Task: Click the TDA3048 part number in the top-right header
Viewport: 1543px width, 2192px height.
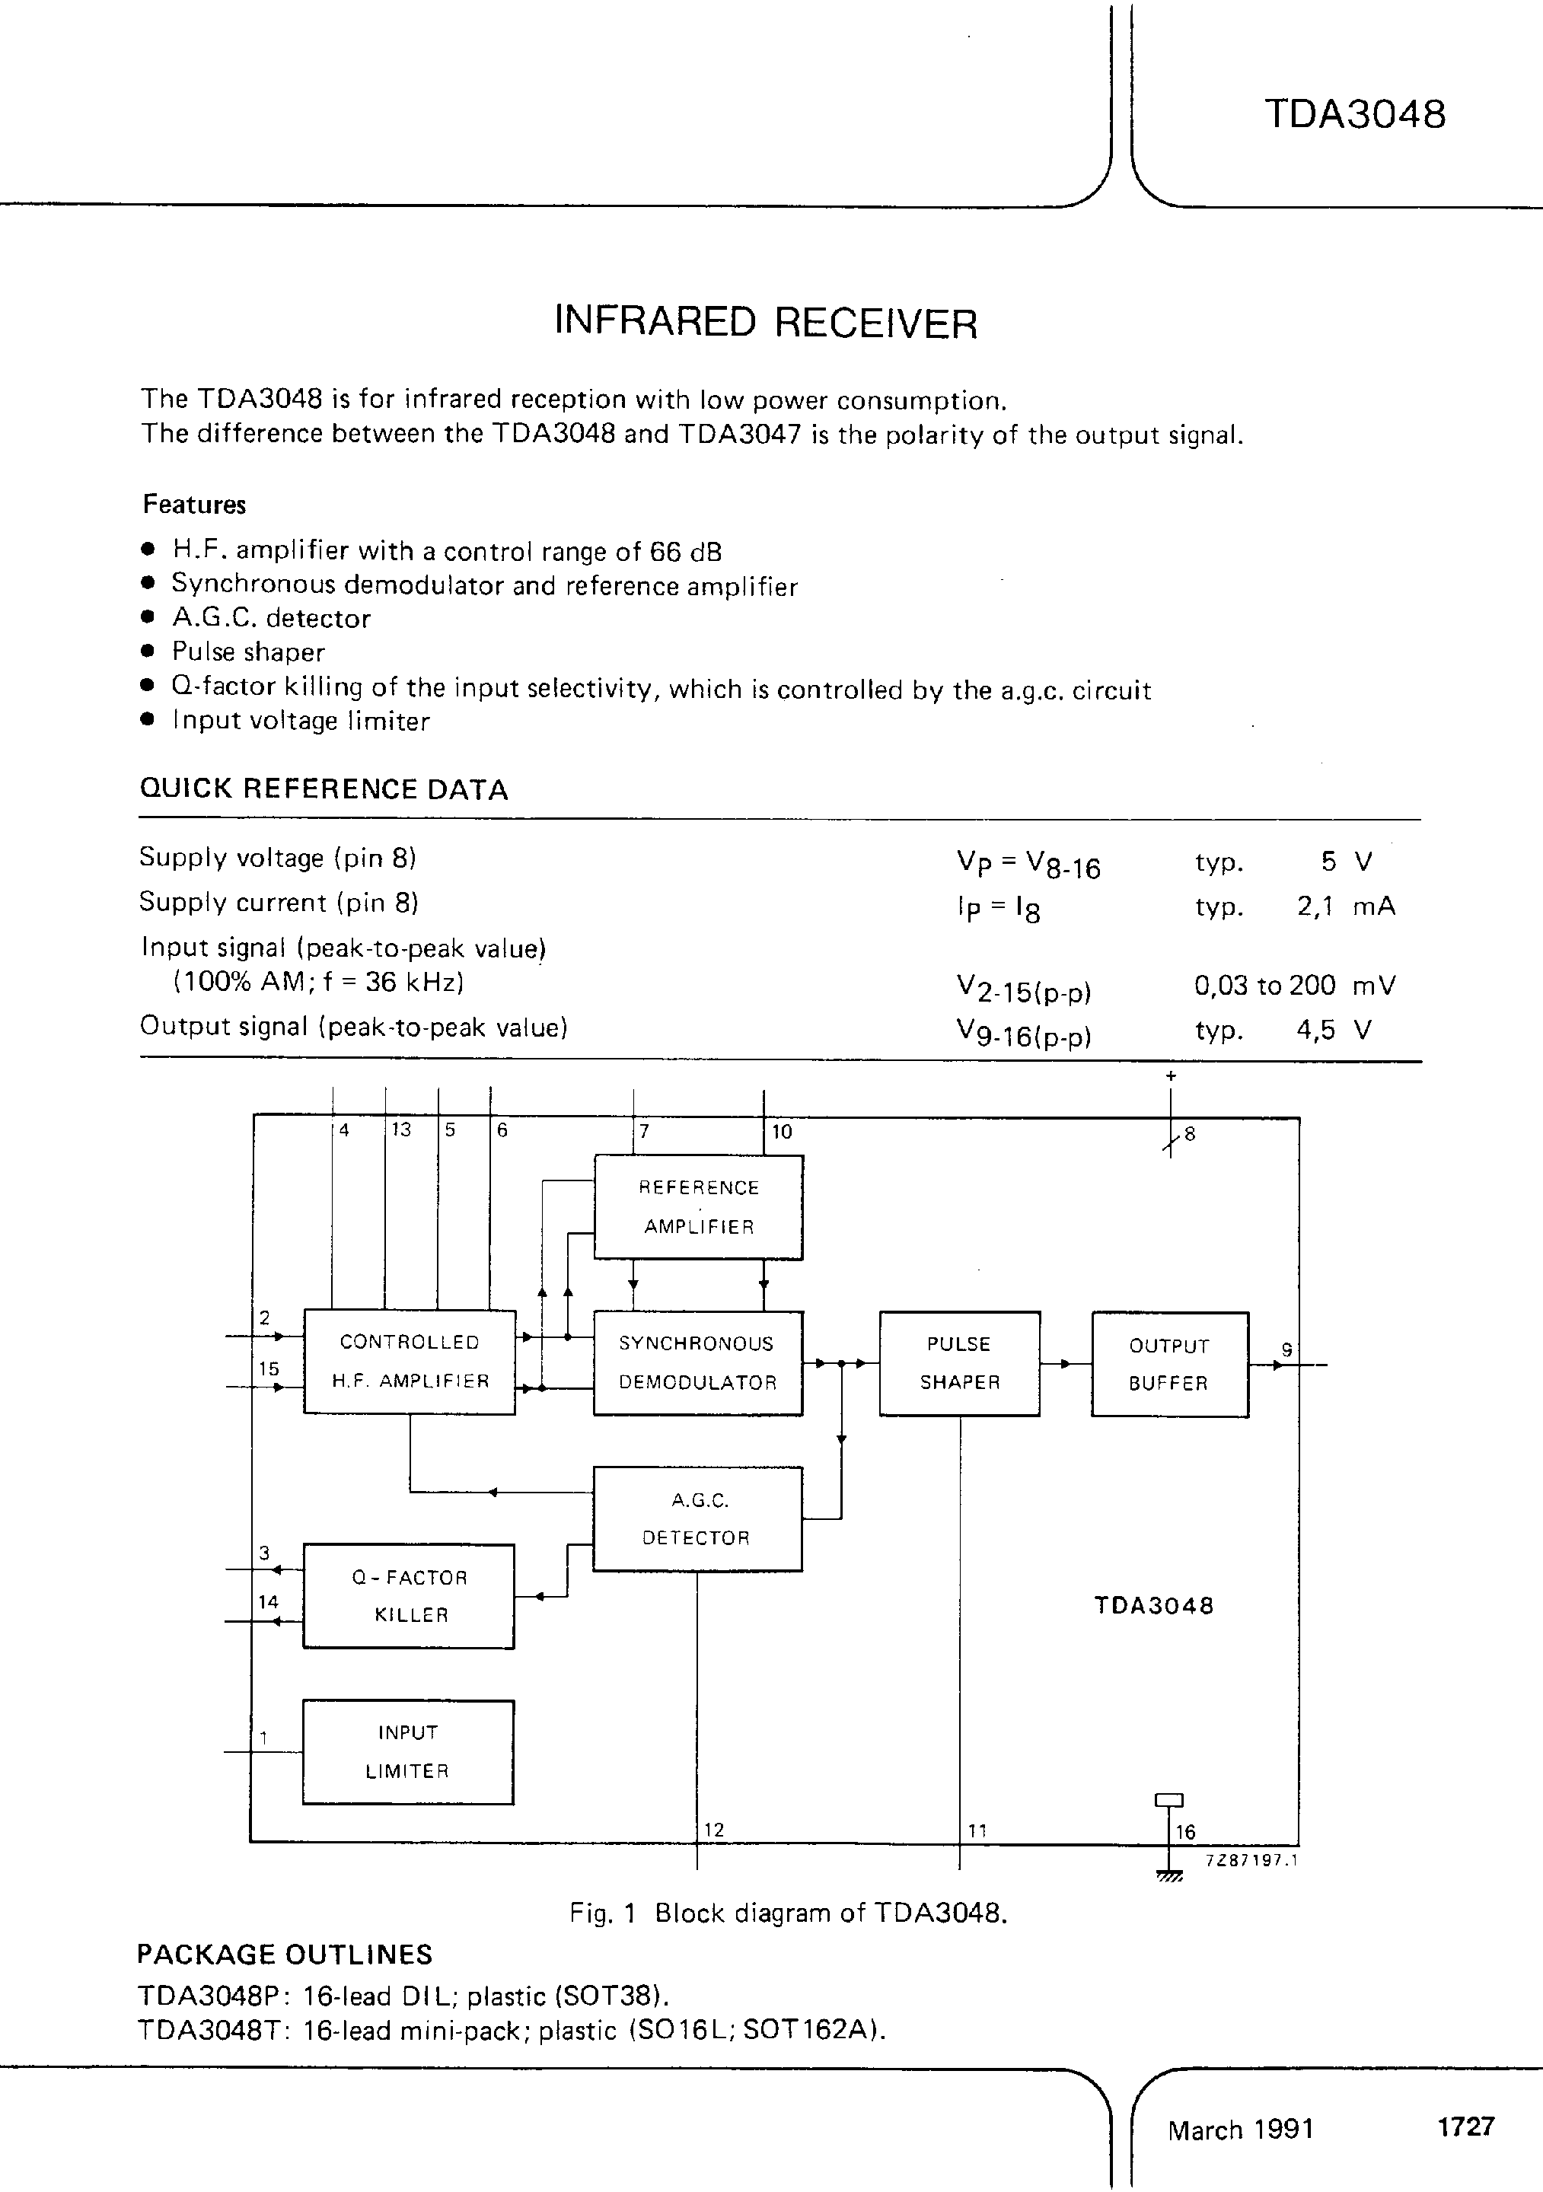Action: click(x=1354, y=115)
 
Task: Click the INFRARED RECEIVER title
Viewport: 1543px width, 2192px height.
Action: click(x=766, y=323)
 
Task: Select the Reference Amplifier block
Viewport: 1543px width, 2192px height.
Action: click(x=698, y=1207)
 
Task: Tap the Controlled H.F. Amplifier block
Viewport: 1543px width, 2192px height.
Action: click(x=409, y=1362)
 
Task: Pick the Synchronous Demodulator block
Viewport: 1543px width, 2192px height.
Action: click(x=697, y=1362)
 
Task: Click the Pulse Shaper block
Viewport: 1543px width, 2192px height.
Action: click(x=958, y=1362)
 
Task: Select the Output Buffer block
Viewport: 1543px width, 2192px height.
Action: click(x=1168, y=1363)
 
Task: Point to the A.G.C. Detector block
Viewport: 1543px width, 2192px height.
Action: click(x=697, y=1518)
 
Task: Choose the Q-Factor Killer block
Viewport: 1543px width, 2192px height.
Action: click(x=409, y=1595)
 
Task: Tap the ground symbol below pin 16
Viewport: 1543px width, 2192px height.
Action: click(x=1168, y=1876)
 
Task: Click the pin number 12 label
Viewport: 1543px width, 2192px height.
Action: click(x=714, y=1829)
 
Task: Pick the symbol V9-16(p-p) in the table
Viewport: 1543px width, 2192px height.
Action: click(x=1022, y=1032)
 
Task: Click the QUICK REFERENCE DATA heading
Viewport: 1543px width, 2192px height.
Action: click(x=324, y=789)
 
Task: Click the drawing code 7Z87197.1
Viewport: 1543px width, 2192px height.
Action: click(x=1251, y=1859)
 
